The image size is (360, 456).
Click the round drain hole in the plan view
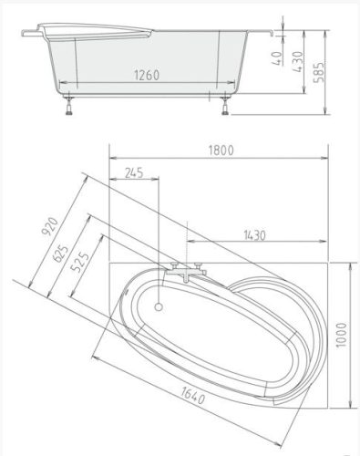point(160,306)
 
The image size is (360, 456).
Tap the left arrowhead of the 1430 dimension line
point(190,244)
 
